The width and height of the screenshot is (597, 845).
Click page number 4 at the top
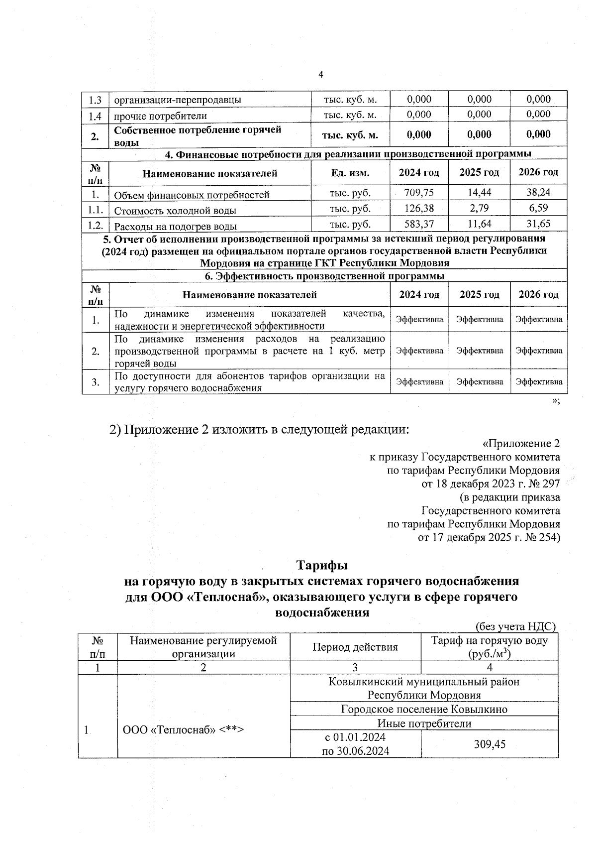[320, 75]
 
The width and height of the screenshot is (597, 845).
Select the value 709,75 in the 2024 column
[419, 192]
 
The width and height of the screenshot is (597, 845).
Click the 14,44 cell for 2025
[479, 192]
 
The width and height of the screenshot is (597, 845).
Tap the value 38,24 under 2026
[539, 192]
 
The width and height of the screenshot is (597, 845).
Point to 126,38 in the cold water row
[419, 208]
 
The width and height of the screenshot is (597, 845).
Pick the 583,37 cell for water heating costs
[419, 224]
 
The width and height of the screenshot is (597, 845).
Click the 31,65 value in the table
[539, 224]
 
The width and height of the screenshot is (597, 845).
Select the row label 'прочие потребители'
[160, 116]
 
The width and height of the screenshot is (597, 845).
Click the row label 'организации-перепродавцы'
[178, 100]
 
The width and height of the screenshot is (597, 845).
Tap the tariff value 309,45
[490, 744]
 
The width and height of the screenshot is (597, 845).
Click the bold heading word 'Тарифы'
[322, 566]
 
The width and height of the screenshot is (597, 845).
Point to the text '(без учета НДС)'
[515, 626]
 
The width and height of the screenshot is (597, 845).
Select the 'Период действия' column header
[355, 647]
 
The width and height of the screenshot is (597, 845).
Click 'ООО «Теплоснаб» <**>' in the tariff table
[183, 730]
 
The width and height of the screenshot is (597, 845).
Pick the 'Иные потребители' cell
[424, 723]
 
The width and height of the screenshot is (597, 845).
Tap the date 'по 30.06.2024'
[355, 751]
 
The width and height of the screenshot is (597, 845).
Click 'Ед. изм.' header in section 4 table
[350, 173]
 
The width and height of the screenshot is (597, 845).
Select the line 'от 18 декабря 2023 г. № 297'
[491, 483]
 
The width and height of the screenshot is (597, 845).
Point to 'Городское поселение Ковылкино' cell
[424, 709]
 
